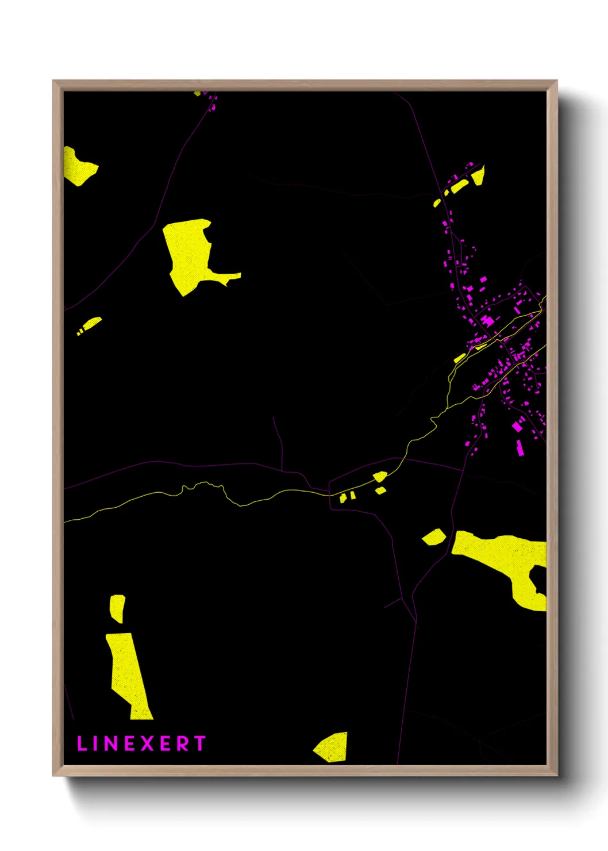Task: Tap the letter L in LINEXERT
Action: [x=82, y=743]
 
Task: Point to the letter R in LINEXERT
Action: [x=182, y=743]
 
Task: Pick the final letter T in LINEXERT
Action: [x=199, y=743]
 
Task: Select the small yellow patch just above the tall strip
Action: [x=117, y=607]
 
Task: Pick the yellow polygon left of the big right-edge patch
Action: [x=434, y=537]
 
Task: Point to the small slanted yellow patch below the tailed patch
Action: [x=91, y=324]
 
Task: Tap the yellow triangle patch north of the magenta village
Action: [x=478, y=175]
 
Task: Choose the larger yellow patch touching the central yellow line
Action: [x=380, y=476]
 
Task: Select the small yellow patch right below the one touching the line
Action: [x=380, y=490]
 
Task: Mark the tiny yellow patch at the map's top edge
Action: [x=198, y=93]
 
